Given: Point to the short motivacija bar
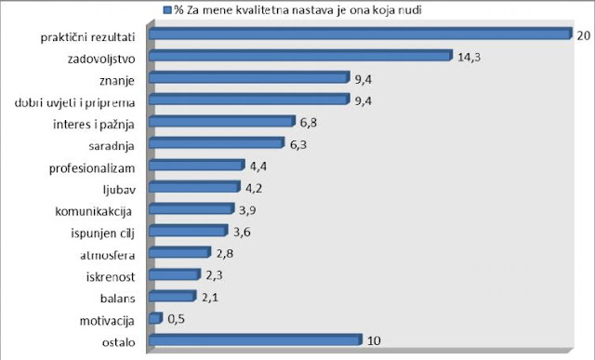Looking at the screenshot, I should click(156, 318).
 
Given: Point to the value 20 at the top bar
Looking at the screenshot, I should click(583, 34).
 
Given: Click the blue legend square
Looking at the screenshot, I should click(166, 10).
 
